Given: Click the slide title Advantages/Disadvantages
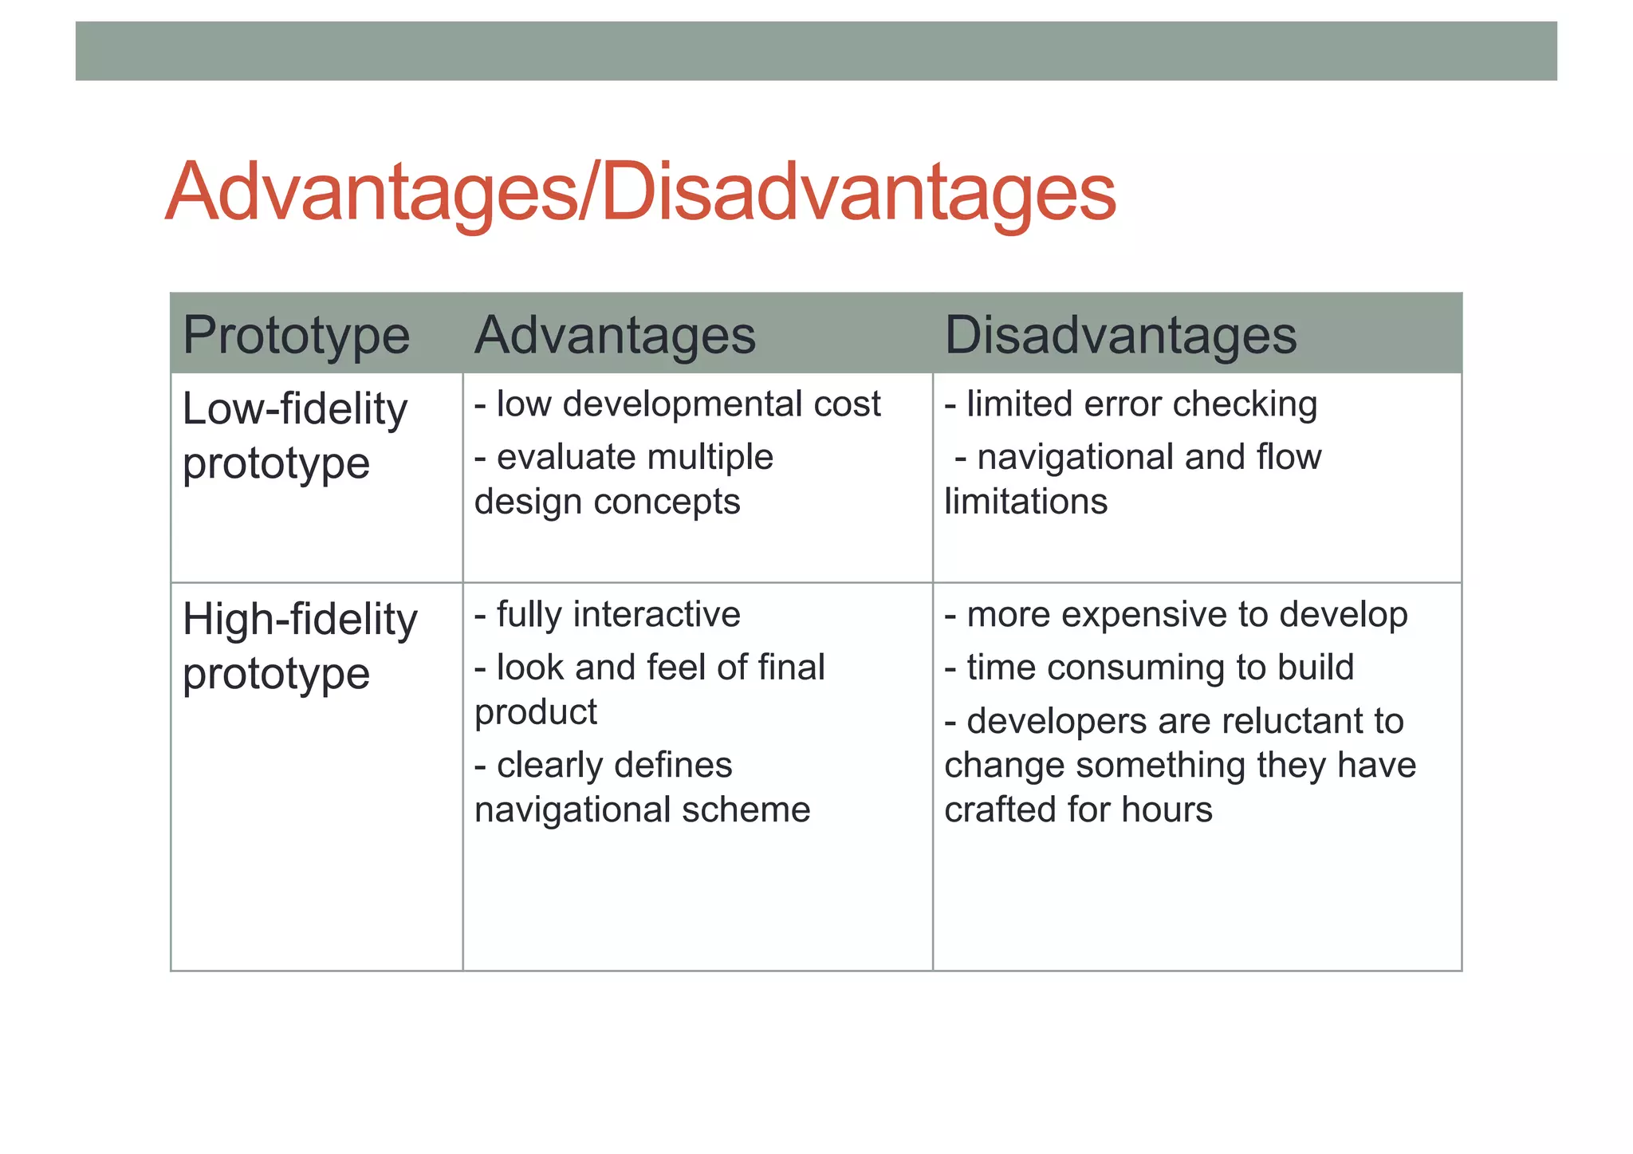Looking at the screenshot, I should click(x=640, y=193).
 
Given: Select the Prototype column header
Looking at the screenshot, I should click(x=296, y=335).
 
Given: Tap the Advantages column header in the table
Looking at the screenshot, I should click(x=615, y=335).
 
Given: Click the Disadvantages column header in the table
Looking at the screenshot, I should click(x=1120, y=335).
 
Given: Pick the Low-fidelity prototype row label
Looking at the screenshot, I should click(x=295, y=435).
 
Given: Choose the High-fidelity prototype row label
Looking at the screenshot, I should click(x=300, y=646).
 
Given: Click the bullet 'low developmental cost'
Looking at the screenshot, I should click(x=678, y=404).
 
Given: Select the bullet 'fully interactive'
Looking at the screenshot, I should click(x=608, y=615).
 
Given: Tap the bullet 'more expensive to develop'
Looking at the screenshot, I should click(x=1176, y=615).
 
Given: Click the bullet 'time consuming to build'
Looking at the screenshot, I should click(x=1149, y=668).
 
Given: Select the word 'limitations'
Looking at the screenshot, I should click(x=1025, y=502).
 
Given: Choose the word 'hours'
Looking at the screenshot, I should click(x=1167, y=810).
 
